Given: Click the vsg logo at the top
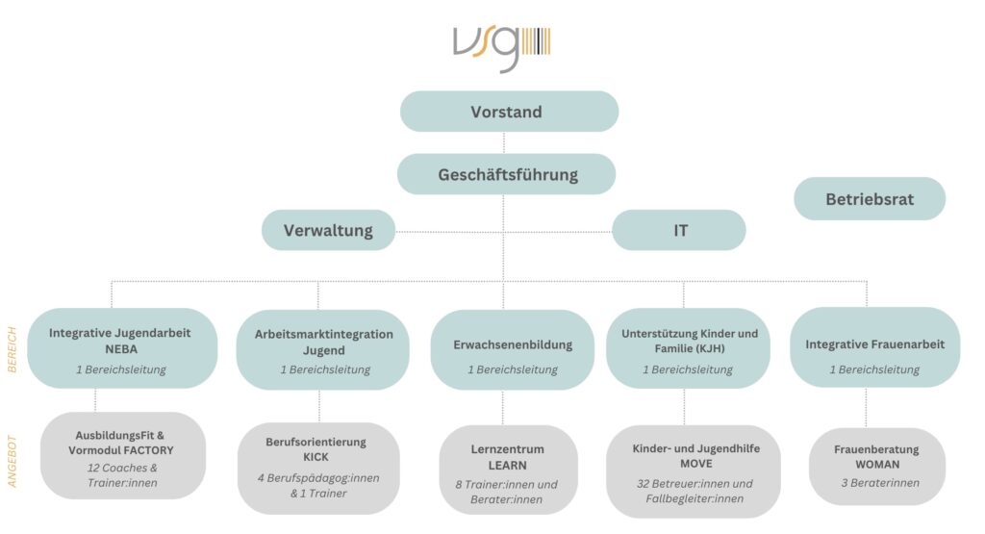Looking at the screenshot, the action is (501, 48).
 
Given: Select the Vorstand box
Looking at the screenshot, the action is (510, 112).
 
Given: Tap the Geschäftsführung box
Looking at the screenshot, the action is (506, 174).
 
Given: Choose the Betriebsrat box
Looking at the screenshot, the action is (870, 198).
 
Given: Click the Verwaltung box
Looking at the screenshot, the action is (329, 230).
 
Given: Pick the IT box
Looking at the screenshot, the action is (679, 230).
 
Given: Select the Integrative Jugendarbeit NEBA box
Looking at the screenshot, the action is (122, 348).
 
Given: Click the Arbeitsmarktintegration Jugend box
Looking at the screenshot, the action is (323, 349).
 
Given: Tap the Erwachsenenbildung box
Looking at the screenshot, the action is (512, 349).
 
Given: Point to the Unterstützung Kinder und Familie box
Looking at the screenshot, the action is (688, 348).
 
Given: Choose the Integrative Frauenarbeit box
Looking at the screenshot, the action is (875, 347).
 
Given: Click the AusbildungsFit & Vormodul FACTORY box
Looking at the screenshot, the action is (123, 455).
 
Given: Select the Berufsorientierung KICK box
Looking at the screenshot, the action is (318, 468).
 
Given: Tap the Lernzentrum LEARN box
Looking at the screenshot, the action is (508, 470).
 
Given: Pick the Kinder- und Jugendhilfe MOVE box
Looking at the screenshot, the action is (694, 471).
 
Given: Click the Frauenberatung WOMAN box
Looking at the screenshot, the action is (877, 466).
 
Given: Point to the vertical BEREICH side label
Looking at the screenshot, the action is (12, 350).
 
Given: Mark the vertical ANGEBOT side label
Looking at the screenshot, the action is (12, 461).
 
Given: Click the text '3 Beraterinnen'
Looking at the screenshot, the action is (880, 482).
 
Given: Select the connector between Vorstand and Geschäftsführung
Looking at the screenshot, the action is (504, 142).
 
